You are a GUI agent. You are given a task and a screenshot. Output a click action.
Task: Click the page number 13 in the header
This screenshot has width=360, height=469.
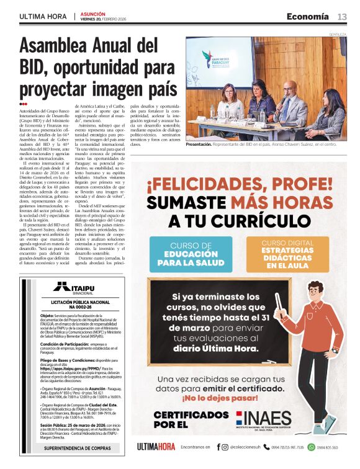coord(342,16)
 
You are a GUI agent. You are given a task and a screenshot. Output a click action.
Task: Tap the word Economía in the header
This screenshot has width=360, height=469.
coord(308,16)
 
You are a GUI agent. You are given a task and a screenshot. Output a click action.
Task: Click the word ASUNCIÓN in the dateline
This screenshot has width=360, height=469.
coord(92,12)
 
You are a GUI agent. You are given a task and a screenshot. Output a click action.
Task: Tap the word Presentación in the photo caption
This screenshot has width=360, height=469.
coord(199,143)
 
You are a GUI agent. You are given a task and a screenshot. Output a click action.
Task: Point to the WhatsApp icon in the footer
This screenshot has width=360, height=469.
coord(312,447)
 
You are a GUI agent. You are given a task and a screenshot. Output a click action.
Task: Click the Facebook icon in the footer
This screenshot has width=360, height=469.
coord(218,447)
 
